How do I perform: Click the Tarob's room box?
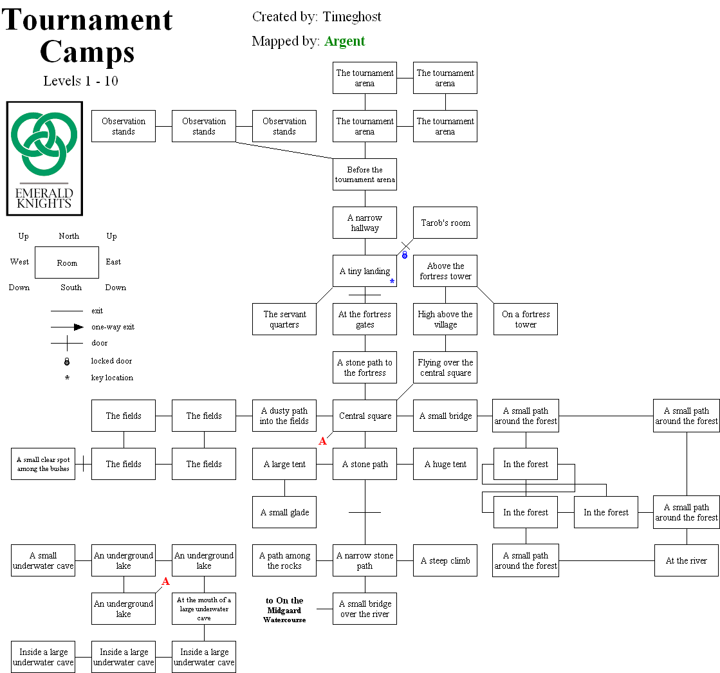445,223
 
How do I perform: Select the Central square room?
365,416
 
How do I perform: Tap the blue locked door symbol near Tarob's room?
405,255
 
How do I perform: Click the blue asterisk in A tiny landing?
392,281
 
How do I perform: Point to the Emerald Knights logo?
44,158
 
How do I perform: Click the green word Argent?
344,41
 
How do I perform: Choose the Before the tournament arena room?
365,174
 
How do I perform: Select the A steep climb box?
445,560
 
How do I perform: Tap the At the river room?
686,560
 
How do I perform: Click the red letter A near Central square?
323,441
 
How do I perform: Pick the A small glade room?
284,512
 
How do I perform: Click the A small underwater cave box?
43,560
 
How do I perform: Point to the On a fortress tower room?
526,319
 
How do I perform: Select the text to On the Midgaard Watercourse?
284,610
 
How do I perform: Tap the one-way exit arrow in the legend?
78,327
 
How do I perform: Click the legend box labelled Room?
67,263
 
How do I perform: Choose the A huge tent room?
445,464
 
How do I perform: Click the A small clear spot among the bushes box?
43,464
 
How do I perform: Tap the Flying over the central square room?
445,367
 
